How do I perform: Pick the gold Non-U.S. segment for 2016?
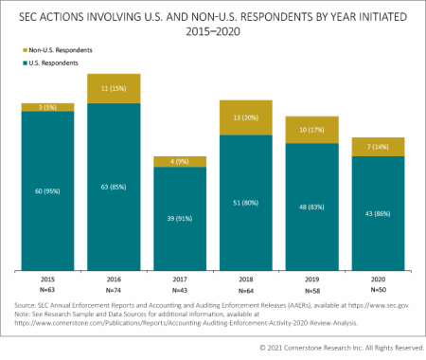click(114, 88)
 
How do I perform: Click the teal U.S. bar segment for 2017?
click(180, 219)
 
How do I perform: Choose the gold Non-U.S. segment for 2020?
click(379, 146)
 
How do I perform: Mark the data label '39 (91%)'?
click(180, 219)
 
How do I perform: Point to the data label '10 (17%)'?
click(312, 130)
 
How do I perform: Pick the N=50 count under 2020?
click(379, 289)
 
